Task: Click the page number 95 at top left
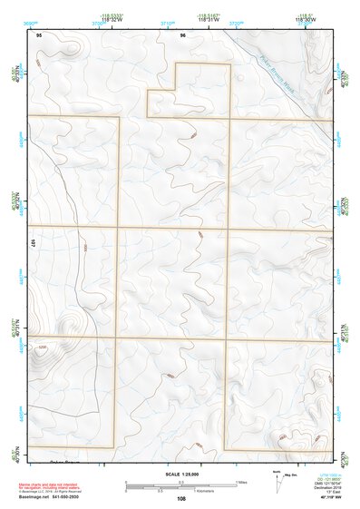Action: click(x=39, y=34)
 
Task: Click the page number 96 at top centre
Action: click(x=182, y=34)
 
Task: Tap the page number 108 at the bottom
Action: click(x=182, y=498)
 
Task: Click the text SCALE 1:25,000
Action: click(x=180, y=474)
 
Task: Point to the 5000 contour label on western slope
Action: click(x=84, y=246)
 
